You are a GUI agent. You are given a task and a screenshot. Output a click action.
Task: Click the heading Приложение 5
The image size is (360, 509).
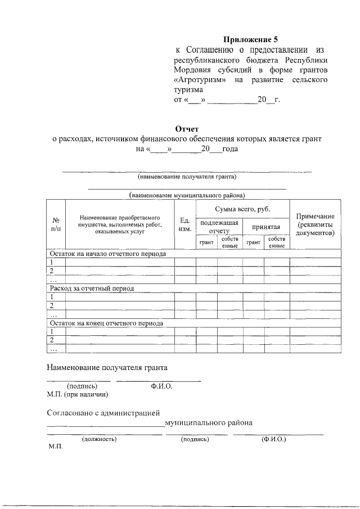coord(250,39)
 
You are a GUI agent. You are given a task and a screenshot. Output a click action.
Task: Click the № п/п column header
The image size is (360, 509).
coord(56,224)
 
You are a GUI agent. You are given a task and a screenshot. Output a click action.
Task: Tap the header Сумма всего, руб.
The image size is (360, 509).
coord(242,209)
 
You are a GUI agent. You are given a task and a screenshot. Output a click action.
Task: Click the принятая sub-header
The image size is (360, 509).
coord(266,227)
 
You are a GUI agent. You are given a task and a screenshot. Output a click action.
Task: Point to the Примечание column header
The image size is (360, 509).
coord(315,224)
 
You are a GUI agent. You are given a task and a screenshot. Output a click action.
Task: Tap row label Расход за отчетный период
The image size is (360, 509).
coord(93,288)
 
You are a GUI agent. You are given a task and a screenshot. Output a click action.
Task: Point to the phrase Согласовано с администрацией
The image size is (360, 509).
coord(103,412)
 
